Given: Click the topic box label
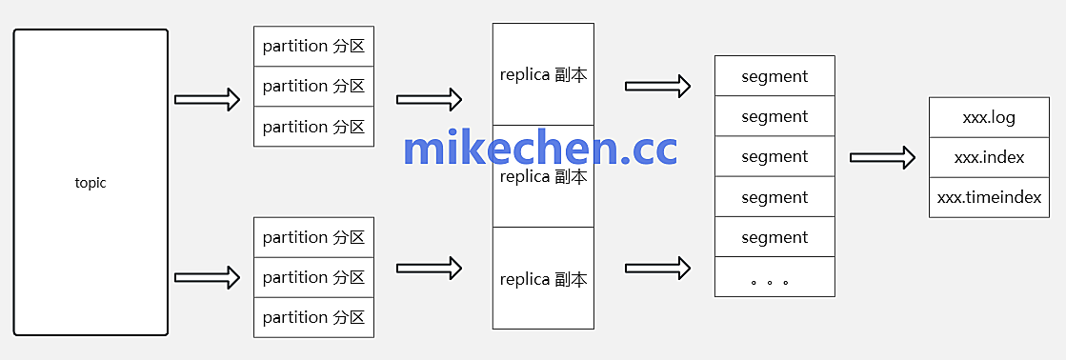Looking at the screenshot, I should [x=91, y=183].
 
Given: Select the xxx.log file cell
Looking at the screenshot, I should [x=989, y=117].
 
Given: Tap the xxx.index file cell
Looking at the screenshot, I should [x=989, y=157].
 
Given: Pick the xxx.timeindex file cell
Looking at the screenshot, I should [x=989, y=198].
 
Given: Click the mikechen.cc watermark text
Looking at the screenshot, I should [x=540, y=149].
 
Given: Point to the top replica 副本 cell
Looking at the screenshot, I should [x=543, y=75].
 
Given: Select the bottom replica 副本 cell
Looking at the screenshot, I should [x=543, y=279].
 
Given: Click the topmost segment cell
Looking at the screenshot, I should [x=774, y=76].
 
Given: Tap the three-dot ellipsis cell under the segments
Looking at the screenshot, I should [x=774, y=278].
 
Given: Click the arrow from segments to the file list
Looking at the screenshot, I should [x=882, y=157].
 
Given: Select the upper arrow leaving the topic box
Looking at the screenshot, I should [x=208, y=98].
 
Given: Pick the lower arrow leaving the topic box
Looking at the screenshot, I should [x=208, y=277].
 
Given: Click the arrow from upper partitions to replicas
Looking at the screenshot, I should [x=429, y=98].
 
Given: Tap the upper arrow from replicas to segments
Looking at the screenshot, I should [x=657, y=86].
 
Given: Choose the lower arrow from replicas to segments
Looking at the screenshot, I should [x=657, y=268].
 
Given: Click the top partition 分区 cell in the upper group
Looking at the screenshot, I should [x=313, y=46].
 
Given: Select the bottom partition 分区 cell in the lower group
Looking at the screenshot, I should [x=313, y=317].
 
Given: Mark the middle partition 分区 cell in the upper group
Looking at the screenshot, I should [x=313, y=86].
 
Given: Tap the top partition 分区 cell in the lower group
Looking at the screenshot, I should [x=313, y=237].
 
